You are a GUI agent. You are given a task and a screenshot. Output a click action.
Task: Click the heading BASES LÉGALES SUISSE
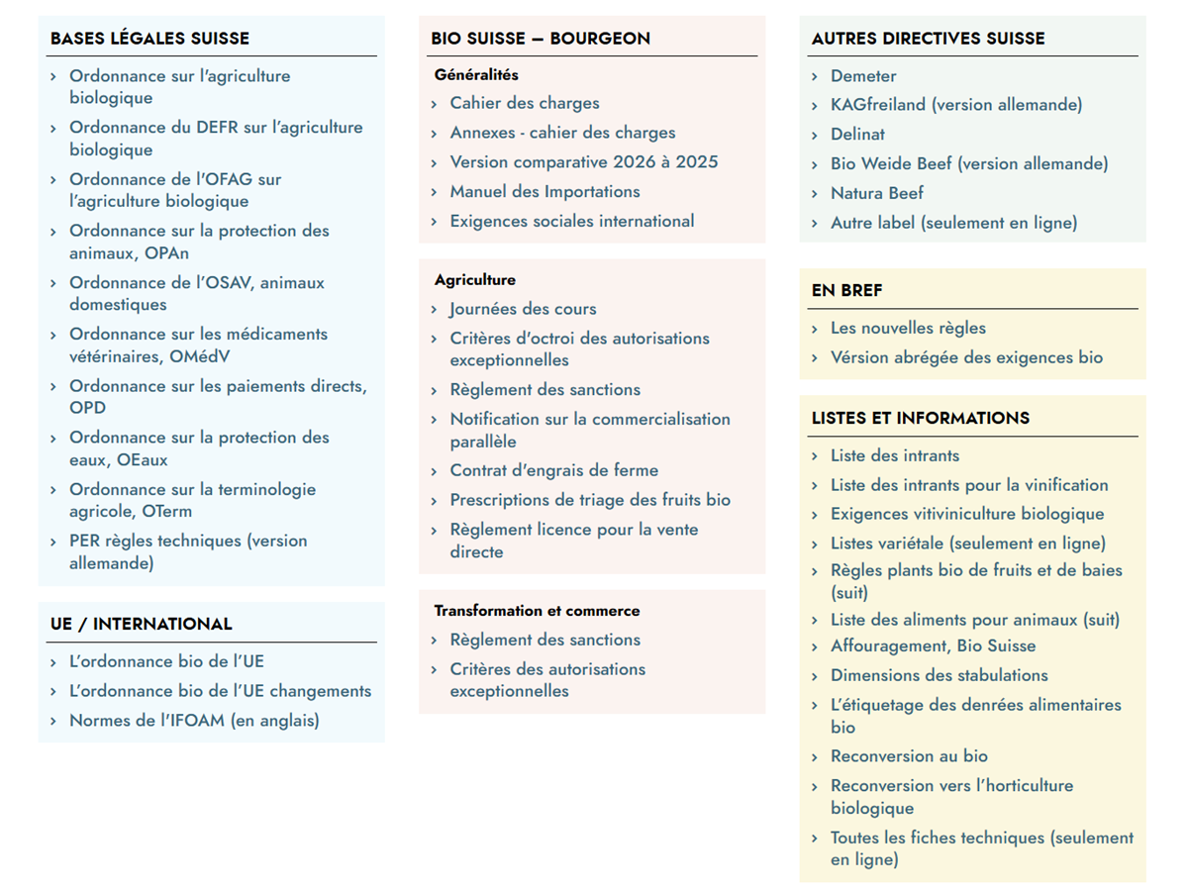click(x=149, y=39)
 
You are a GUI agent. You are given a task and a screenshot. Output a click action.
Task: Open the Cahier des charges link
click(x=524, y=103)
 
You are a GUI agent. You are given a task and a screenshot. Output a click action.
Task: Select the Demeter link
click(x=862, y=76)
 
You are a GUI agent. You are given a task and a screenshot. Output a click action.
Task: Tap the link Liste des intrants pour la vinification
click(x=968, y=485)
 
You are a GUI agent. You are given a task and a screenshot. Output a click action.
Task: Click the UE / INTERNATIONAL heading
click(x=141, y=624)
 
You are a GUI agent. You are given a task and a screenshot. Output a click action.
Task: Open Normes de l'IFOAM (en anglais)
click(x=193, y=721)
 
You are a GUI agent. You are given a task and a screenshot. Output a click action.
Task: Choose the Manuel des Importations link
click(x=544, y=192)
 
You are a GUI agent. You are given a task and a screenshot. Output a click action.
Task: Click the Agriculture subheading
click(x=474, y=280)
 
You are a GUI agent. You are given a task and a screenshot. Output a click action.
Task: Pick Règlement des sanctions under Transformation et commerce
click(x=544, y=640)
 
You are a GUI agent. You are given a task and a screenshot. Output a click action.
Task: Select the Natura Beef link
click(x=876, y=193)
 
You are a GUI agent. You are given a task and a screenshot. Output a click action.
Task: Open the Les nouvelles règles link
click(x=907, y=329)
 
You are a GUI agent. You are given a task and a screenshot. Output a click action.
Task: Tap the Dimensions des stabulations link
click(x=939, y=675)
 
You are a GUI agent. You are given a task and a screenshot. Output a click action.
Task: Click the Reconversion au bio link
click(x=908, y=756)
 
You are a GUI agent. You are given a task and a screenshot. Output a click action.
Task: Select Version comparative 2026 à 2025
click(x=583, y=162)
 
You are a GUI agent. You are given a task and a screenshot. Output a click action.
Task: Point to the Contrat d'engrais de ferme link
click(x=553, y=471)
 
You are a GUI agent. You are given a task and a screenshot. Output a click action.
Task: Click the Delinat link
click(x=856, y=135)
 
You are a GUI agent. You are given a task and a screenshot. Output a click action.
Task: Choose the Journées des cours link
click(x=523, y=309)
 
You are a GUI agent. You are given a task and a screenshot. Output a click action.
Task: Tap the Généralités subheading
click(x=476, y=75)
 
